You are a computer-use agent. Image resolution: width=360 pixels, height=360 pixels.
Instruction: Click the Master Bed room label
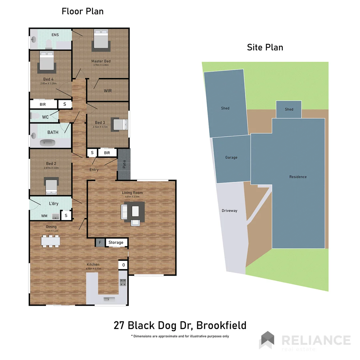[x=101, y=61]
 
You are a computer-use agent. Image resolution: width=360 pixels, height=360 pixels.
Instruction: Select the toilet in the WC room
[x=34, y=116]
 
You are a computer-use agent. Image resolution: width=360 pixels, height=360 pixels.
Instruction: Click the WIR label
[x=108, y=91]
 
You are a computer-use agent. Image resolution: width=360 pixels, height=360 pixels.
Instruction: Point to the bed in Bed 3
[x=119, y=125]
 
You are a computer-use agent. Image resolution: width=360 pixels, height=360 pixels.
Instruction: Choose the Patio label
[x=124, y=164]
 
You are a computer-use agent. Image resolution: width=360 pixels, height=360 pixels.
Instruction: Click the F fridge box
[x=100, y=243]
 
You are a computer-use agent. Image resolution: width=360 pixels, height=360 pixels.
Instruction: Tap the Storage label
[x=116, y=242]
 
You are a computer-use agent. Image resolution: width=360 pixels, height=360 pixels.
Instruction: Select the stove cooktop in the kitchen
[x=123, y=283]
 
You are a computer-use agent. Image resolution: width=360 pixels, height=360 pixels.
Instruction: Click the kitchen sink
[x=107, y=299]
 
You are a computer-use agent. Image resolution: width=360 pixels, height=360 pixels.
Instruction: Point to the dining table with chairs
[x=51, y=241]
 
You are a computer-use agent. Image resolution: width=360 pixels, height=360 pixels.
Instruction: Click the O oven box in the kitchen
[x=123, y=265]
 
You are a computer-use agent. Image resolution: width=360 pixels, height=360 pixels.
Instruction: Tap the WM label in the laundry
[x=44, y=216]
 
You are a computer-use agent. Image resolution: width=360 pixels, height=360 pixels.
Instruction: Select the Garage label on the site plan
[x=231, y=157]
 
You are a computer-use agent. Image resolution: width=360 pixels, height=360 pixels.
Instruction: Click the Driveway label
[x=229, y=211]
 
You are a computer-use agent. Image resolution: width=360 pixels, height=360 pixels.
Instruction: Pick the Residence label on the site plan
[x=298, y=177]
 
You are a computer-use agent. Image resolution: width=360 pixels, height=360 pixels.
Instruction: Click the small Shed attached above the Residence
[x=289, y=109]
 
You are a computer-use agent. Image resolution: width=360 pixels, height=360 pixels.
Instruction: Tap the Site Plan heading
[x=265, y=47]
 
